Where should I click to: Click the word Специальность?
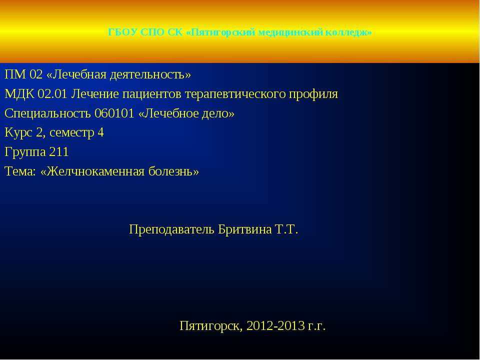(48, 113)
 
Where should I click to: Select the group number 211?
(59, 152)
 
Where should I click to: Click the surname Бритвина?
(244, 229)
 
